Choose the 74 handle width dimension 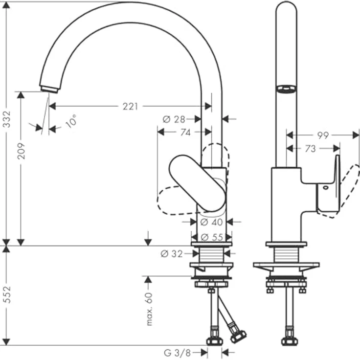click(184, 132)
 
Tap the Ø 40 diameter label click(211, 222)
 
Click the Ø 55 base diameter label click(212, 237)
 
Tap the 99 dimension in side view click(322, 135)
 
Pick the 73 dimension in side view click(310, 149)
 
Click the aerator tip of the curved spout click(49, 89)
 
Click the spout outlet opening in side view click(286, 89)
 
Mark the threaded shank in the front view click(212, 254)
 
